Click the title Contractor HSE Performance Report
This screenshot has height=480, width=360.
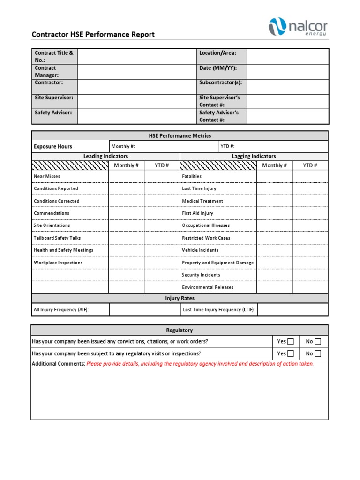tap(93, 35)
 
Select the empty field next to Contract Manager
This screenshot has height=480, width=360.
tap(136, 72)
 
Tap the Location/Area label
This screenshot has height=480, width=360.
tap(217, 53)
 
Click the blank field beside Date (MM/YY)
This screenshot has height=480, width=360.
tap(287, 72)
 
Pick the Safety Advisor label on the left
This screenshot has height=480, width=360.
tap(53, 112)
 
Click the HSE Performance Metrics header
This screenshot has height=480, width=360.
tap(180, 136)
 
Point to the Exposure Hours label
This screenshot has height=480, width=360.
tap(53, 147)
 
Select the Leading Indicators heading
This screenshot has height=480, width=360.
tap(105, 156)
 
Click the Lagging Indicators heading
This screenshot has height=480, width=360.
tap(254, 156)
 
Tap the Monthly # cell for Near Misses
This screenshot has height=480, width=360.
tap(126, 176)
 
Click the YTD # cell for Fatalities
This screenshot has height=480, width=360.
tap(310, 176)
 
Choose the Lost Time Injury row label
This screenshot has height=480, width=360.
tap(199, 188)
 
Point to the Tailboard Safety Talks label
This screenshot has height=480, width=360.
tap(57, 238)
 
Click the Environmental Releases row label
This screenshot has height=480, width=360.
tap(208, 287)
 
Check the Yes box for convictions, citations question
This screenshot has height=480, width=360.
tap(291, 342)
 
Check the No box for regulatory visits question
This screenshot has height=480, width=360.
tap(318, 354)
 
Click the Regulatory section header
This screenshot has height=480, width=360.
tap(180, 330)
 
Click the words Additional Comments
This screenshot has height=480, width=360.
tap(58, 364)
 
